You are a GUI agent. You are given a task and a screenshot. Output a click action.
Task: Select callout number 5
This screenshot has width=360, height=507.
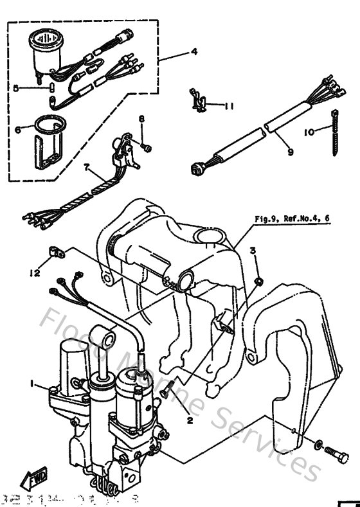(17, 89)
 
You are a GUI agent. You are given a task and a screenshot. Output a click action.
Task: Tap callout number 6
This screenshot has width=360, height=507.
(17, 129)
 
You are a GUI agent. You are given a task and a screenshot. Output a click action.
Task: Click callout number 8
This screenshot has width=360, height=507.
(142, 119)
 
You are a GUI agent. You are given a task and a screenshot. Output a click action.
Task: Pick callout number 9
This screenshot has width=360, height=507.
(290, 153)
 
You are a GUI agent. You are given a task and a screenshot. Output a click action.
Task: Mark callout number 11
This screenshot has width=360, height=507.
(230, 106)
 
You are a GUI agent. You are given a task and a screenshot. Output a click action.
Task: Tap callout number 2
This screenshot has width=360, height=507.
(190, 420)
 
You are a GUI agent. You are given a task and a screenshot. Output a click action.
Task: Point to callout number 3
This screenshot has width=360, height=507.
(253, 250)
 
